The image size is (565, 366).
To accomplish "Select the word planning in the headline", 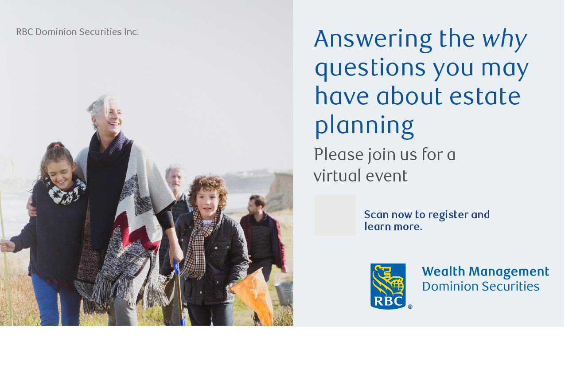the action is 364,126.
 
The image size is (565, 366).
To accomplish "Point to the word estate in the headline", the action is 485,96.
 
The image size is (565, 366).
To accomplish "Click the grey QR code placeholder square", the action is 335,215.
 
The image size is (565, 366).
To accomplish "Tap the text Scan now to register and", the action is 427,215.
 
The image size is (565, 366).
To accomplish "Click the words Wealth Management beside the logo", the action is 486,272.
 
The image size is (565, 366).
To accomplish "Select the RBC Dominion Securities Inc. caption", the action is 78,32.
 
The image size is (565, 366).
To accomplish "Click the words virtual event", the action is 360,176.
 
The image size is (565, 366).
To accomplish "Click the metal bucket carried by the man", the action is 284,293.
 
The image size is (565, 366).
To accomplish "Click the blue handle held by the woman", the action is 176,267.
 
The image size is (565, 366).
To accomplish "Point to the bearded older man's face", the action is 176,180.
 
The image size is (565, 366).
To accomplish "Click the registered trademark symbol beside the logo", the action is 410,307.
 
